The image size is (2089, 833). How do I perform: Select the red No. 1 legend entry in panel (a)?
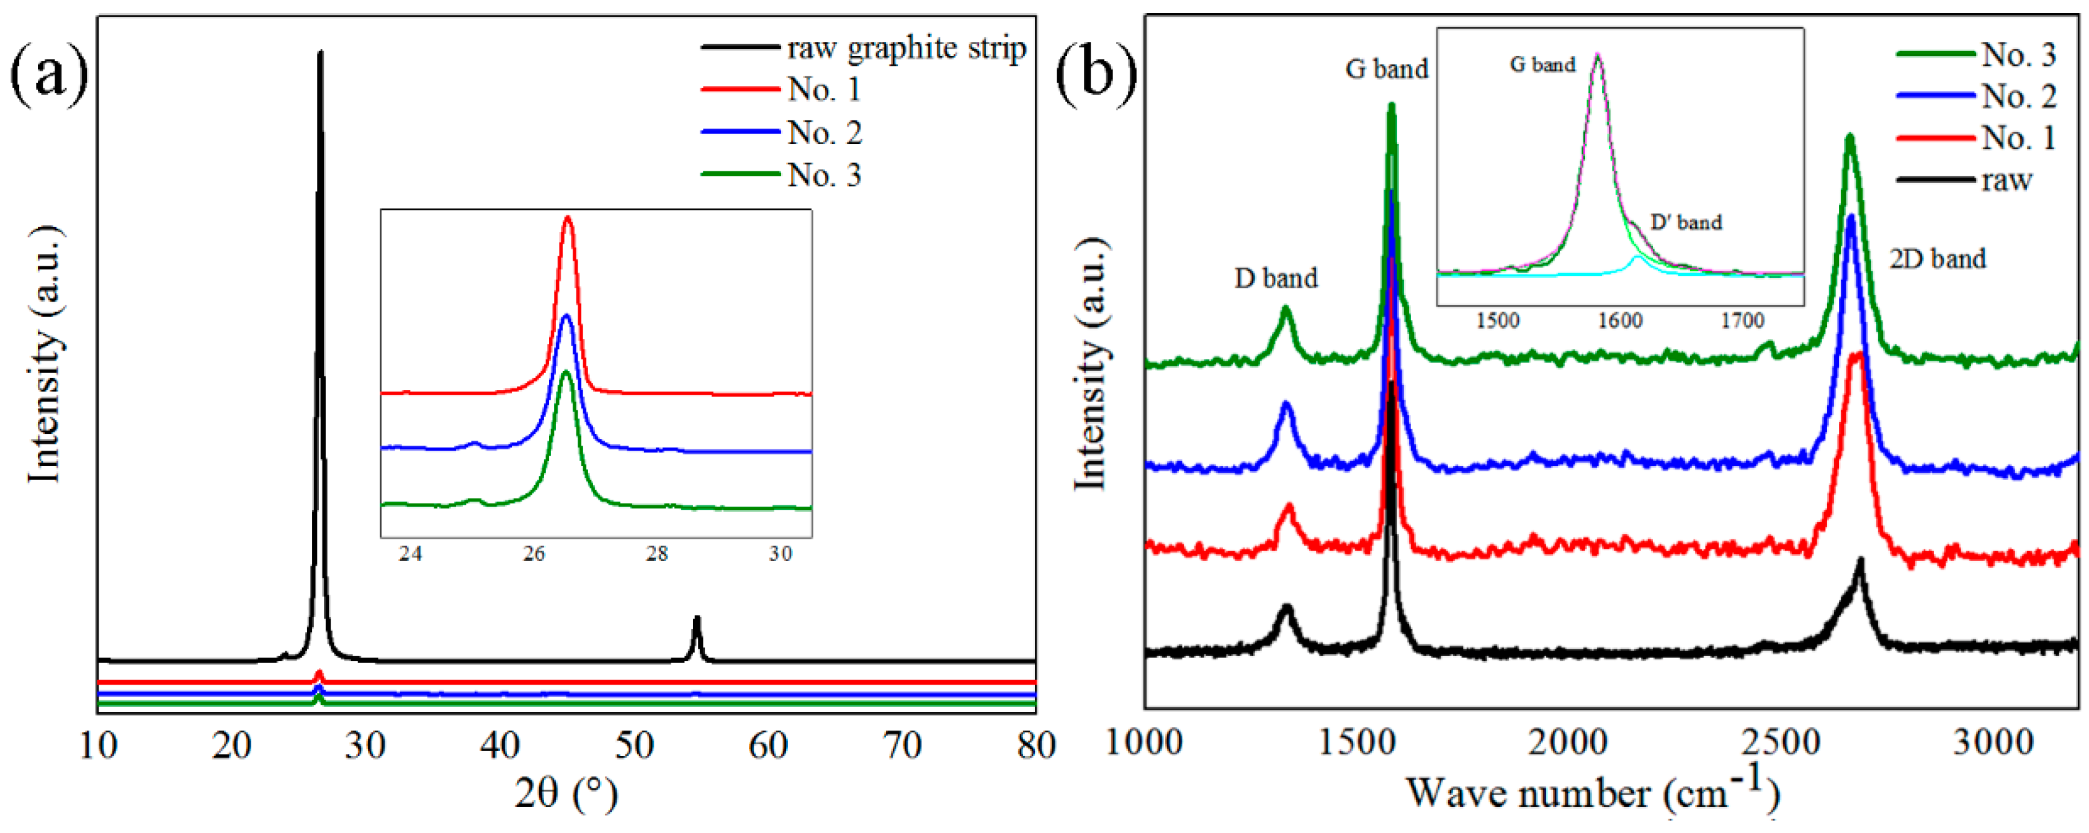pyautogui.click(x=823, y=89)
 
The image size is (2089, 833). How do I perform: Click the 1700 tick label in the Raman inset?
pyautogui.click(x=1742, y=321)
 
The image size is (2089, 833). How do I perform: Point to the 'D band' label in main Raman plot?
pyautogui.click(x=1275, y=278)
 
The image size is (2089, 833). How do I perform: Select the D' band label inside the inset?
pyautogui.click(x=1685, y=222)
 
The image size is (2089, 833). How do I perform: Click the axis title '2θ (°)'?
pyautogui.click(x=565, y=793)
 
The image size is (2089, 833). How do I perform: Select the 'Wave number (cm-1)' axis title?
pyautogui.click(x=1593, y=793)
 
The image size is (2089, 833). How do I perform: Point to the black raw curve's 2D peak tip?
pyautogui.click(x=1860, y=561)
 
